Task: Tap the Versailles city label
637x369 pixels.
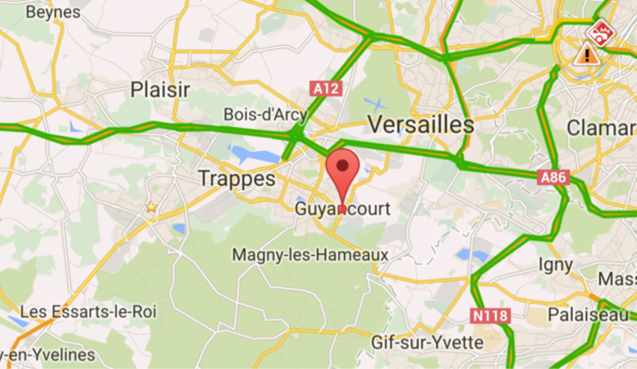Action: pyautogui.click(x=421, y=124)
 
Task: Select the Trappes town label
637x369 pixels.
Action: pyautogui.click(x=237, y=179)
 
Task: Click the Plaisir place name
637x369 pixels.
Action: pyautogui.click(x=160, y=90)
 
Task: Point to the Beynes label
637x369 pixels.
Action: pyautogui.click(x=53, y=13)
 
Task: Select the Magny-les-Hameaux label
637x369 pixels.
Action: pyautogui.click(x=310, y=254)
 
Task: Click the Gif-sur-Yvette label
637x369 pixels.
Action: pyautogui.click(x=427, y=342)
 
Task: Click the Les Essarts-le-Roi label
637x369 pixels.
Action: pyautogui.click(x=88, y=312)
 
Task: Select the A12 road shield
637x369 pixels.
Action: pyautogui.click(x=326, y=88)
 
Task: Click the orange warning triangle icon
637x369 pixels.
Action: pyautogui.click(x=585, y=54)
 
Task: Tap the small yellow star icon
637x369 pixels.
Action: pyautogui.click(x=151, y=209)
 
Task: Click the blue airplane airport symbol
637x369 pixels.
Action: pyautogui.click(x=375, y=102)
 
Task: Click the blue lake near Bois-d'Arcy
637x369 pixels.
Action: pyautogui.click(x=249, y=151)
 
